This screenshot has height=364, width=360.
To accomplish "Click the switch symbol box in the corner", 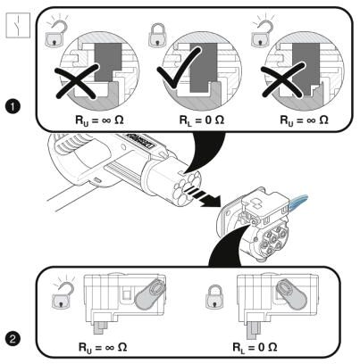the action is tap(18, 25).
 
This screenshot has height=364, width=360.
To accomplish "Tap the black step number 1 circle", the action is tap(13, 107).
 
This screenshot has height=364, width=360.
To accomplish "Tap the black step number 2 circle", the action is tap(13, 339).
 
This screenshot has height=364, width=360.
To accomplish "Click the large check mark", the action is tap(179, 69).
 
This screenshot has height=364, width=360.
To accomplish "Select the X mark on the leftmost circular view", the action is tap(77, 81).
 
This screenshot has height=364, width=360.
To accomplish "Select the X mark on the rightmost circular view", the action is tap(283, 79).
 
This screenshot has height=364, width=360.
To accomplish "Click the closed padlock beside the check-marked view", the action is tap(157, 34).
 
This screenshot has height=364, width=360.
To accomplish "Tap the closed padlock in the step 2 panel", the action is tap(214, 297).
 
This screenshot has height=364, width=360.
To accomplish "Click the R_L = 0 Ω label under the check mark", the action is tap(202, 120).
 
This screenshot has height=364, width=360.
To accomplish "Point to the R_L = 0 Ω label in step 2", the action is tap(255, 347).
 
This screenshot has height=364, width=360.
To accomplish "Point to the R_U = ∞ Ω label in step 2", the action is tap(103, 347).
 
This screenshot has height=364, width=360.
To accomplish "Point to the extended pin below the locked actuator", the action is tap(254, 329).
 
